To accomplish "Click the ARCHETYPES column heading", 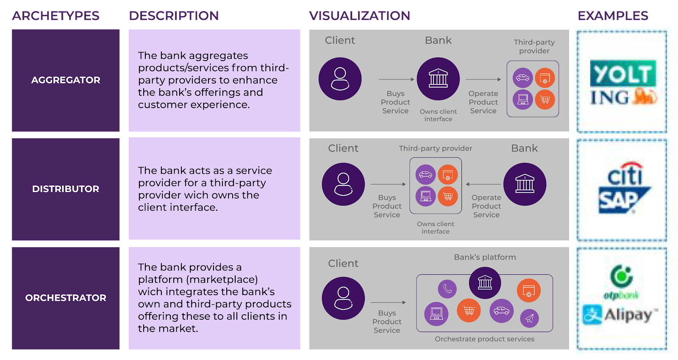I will [56, 16].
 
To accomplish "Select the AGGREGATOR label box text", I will [66, 80].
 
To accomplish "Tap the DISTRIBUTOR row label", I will [66, 189].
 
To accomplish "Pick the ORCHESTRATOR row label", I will [66, 298].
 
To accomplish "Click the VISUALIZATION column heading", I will [359, 16].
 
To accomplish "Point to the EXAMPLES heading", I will [613, 16].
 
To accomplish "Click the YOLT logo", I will [622, 74].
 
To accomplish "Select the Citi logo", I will [626, 174].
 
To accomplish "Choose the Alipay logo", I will [620, 315].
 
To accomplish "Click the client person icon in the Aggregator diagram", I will [340, 79].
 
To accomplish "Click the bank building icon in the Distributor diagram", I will [525, 184].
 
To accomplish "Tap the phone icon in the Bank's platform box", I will [447, 289].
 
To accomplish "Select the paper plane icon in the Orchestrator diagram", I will [529, 318].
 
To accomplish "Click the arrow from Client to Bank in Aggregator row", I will [396, 79].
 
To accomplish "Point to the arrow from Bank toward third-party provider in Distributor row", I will [483, 184].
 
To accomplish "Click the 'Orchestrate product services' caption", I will [484, 339].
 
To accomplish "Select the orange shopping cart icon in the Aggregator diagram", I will [545, 100].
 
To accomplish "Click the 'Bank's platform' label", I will [485, 257].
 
